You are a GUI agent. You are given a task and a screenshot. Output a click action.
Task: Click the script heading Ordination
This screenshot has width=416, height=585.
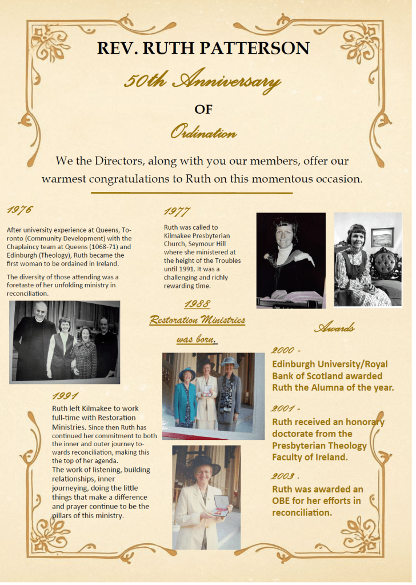(x=203, y=133)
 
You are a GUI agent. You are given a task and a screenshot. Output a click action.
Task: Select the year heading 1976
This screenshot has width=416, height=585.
(x=20, y=210)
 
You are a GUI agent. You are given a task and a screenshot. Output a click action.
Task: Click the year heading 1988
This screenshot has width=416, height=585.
(x=197, y=305)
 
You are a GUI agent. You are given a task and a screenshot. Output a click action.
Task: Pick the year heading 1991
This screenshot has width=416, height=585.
(x=65, y=395)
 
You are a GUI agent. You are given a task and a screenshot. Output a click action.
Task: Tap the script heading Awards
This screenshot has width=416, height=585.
(x=334, y=328)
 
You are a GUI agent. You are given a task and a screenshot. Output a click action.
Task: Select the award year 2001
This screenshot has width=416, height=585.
(x=284, y=408)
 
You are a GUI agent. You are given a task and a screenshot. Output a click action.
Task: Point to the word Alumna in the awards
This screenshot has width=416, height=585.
(x=337, y=387)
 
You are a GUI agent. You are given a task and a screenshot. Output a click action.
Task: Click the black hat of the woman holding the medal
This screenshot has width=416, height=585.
(x=203, y=462)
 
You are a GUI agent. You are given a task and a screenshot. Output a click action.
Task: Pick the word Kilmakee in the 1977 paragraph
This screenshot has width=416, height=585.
(x=180, y=235)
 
